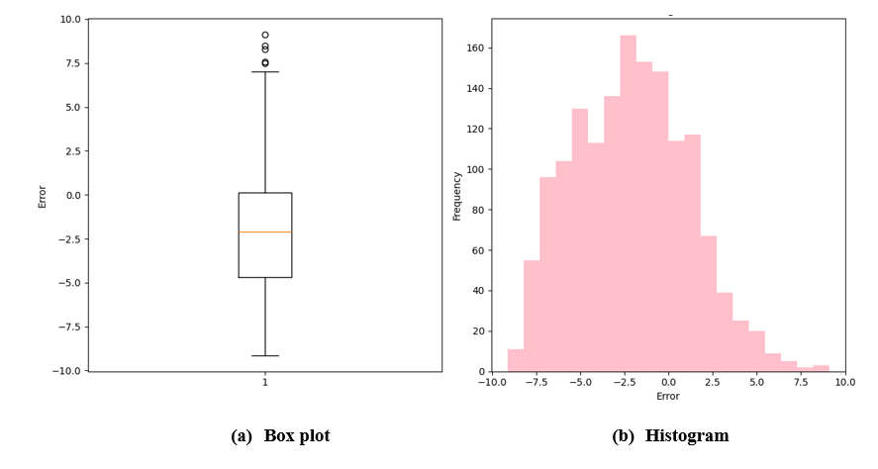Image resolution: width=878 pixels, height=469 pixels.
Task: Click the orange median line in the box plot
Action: pos(265,232)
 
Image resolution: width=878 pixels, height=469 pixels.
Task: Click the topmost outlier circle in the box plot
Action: pos(265,35)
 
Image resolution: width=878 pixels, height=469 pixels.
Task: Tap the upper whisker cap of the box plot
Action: pos(265,72)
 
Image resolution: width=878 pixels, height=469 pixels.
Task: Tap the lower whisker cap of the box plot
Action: pos(265,355)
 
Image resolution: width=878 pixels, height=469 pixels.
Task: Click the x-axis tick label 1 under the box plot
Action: pos(265,383)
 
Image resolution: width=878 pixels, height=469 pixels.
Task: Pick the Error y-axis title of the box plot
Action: pos(43,195)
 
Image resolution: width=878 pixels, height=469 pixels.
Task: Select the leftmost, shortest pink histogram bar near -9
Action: pos(515,361)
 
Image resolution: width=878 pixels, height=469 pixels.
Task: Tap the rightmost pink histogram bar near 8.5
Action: pos(822,368)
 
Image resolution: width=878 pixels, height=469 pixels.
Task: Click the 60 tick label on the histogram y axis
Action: pos(475,250)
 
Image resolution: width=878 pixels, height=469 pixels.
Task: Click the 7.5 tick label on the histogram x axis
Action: pos(801,381)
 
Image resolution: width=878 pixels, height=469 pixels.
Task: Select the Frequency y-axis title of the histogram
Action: pos(457,195)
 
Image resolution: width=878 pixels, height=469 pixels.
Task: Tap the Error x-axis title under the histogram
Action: pos(668,396)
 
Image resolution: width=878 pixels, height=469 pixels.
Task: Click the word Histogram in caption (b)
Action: pos(686,435)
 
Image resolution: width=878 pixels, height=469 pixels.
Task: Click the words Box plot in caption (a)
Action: pos(297,435)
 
